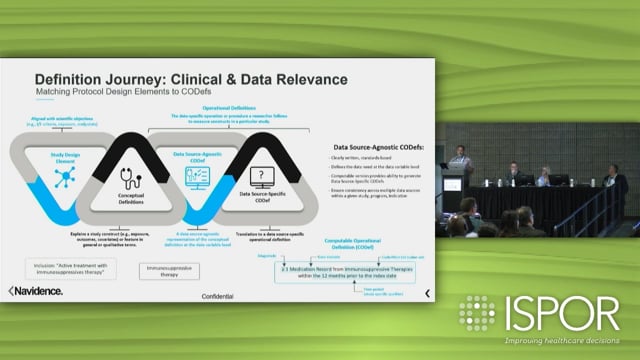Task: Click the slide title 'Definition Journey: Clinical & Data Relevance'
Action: click(191, 78)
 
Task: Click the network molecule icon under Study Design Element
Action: click(67, 178)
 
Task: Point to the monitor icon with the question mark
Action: click(261, 179)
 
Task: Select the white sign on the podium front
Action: click(452, 184)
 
